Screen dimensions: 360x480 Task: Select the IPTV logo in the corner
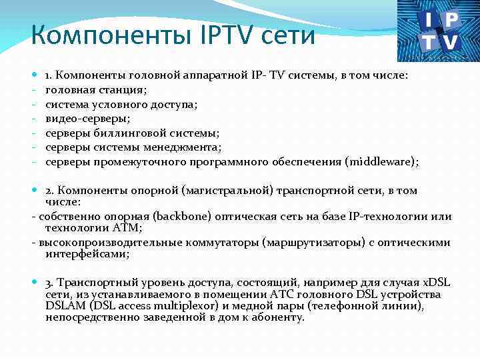tap(438, 31)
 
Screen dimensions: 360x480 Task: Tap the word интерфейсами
tap(87, 254)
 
